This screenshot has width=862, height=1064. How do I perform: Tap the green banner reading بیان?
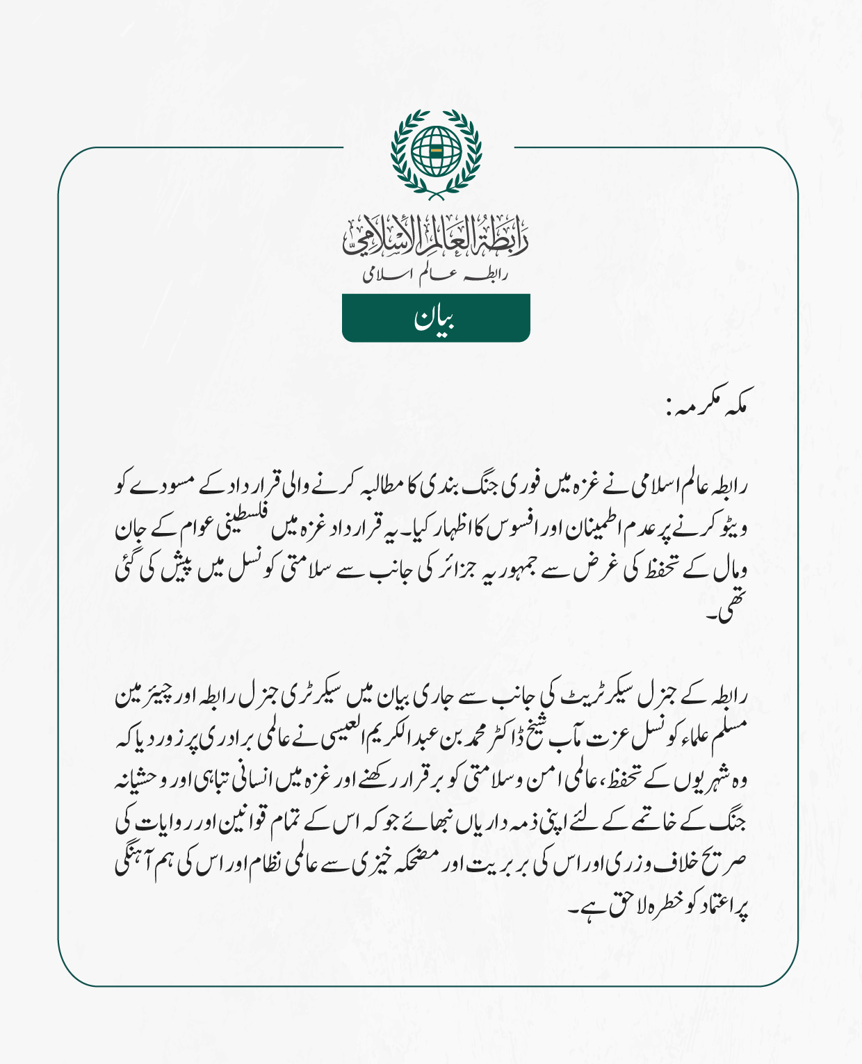point(436,318)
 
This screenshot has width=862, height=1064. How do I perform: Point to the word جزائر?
point(458,571)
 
